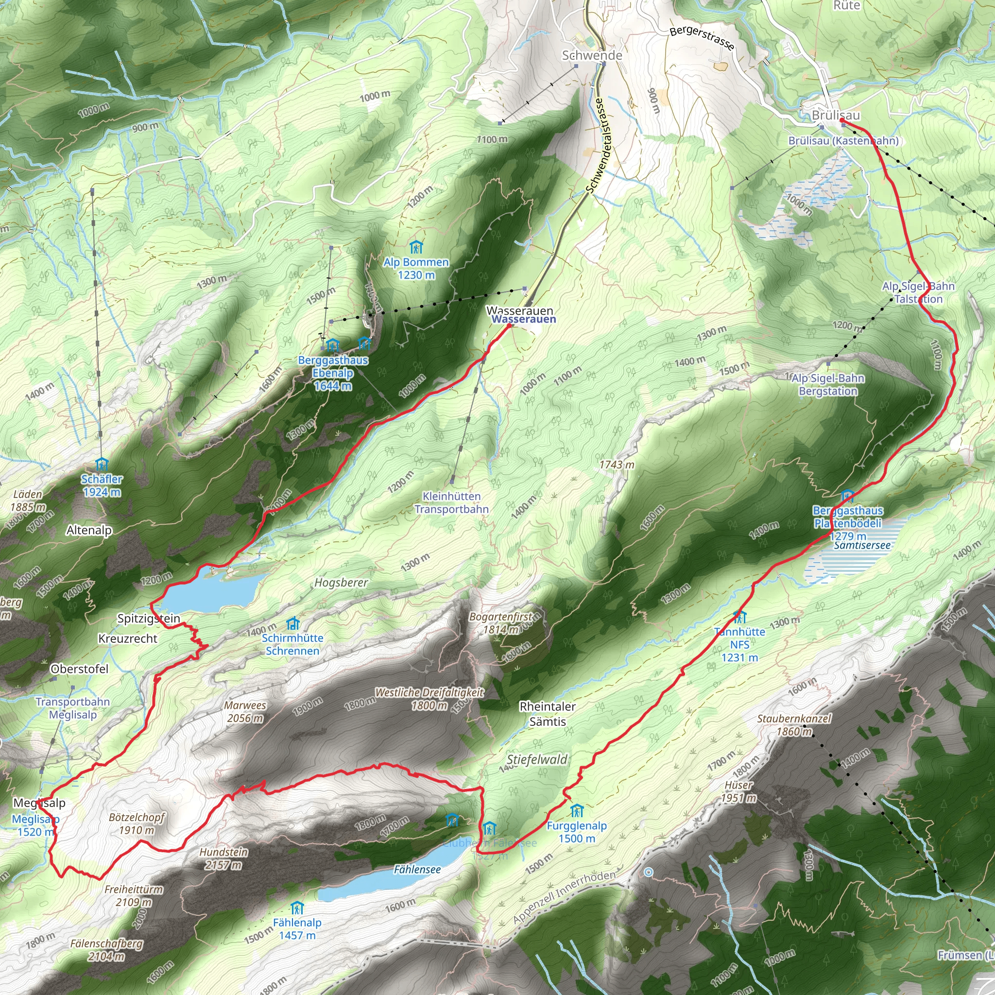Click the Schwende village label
tap(592, 55)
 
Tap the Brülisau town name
tap(835, 115)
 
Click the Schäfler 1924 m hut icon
tap(102, 465)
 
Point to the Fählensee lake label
tap(417, 869)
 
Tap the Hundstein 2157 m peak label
tap(223, 858)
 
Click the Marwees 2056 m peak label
tap(245, 712)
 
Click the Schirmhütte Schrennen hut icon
tap(293, 624)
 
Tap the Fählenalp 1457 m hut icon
tap(297, 908)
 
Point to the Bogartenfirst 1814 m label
tap(500, 623)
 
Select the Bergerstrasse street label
tap(702, 38)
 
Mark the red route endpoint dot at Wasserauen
tap(509, 326)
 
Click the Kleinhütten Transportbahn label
tap(452, 503)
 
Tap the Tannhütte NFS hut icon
tap(740, 617)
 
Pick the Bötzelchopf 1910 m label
tap(137, 823)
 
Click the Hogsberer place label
tap(341, 583)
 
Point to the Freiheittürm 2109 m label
tap(134, 895)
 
